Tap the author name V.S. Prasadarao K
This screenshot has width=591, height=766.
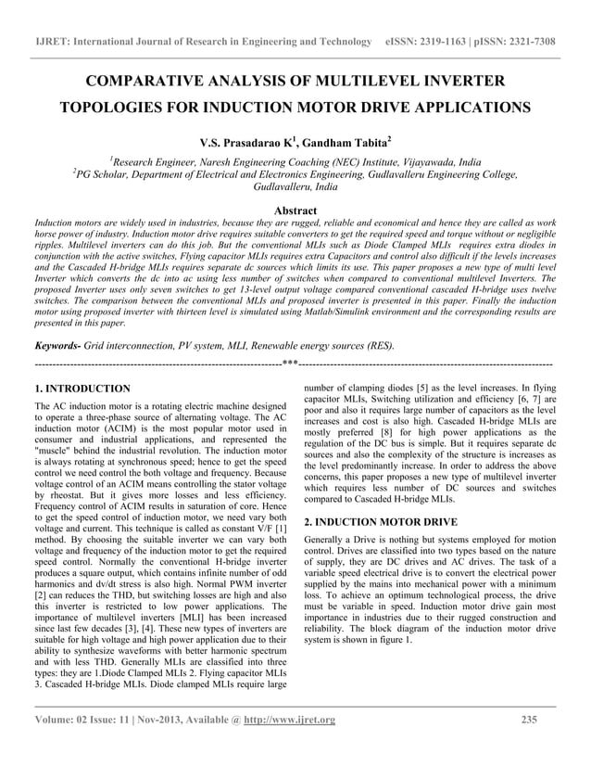(245, 143)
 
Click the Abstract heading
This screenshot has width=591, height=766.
(295, 211)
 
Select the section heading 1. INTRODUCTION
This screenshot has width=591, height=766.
(82, 389)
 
